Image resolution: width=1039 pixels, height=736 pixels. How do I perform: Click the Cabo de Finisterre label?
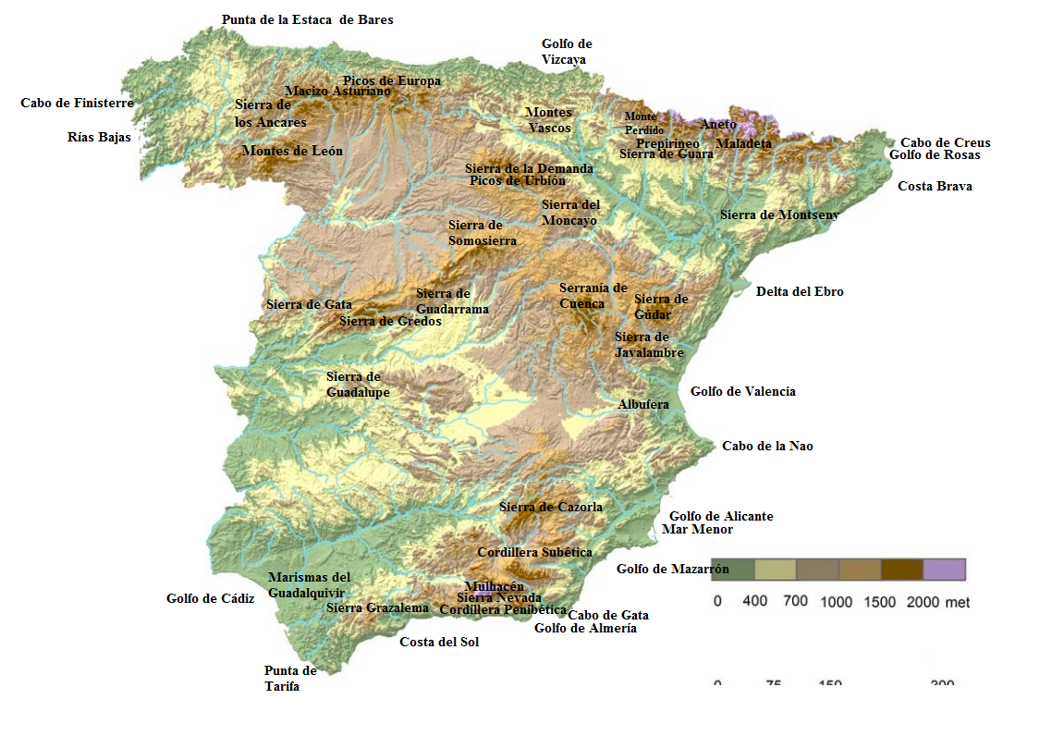point(77,104)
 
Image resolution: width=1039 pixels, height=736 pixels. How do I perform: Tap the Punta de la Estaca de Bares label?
point(307,19)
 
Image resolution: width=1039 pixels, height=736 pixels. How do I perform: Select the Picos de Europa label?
point(391,80)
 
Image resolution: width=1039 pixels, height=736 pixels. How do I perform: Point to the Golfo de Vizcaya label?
point(566,52)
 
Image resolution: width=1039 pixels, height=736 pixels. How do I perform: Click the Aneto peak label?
point(718,124)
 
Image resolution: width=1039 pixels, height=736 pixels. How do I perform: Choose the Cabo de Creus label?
point(945,142)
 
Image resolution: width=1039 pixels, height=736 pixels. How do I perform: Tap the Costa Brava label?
point(935,186)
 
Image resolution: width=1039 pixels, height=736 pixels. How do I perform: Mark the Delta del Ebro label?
point(800,291)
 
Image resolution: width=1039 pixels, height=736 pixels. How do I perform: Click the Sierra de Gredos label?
point(390,321)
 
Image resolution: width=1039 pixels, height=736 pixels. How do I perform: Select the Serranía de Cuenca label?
point(593,296)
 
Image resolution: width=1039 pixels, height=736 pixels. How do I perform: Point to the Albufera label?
point(643,404)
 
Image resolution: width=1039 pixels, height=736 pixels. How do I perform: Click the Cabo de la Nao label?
point(767,446)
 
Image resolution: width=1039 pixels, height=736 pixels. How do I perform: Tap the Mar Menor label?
point(697,530)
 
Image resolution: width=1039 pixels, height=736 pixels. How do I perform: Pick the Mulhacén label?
point(495,586)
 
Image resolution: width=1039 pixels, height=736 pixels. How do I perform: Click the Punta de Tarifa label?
point(289,679)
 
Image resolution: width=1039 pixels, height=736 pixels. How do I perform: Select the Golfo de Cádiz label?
point(210,598)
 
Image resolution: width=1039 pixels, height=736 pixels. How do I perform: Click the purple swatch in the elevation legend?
point(944,569)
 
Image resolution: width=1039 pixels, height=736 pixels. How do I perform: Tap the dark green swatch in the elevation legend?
point(733,569)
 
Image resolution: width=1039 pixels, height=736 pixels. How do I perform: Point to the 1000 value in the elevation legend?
point(836,602)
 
